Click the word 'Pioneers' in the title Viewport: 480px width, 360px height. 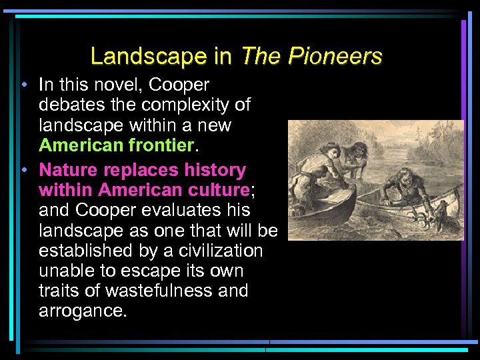click(335, 56)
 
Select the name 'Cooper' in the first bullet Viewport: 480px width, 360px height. click(179, 85)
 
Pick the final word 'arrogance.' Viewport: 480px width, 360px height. click(82, 311)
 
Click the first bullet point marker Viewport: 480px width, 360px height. click(23, 85)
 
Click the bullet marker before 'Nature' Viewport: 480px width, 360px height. click(23, 171)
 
